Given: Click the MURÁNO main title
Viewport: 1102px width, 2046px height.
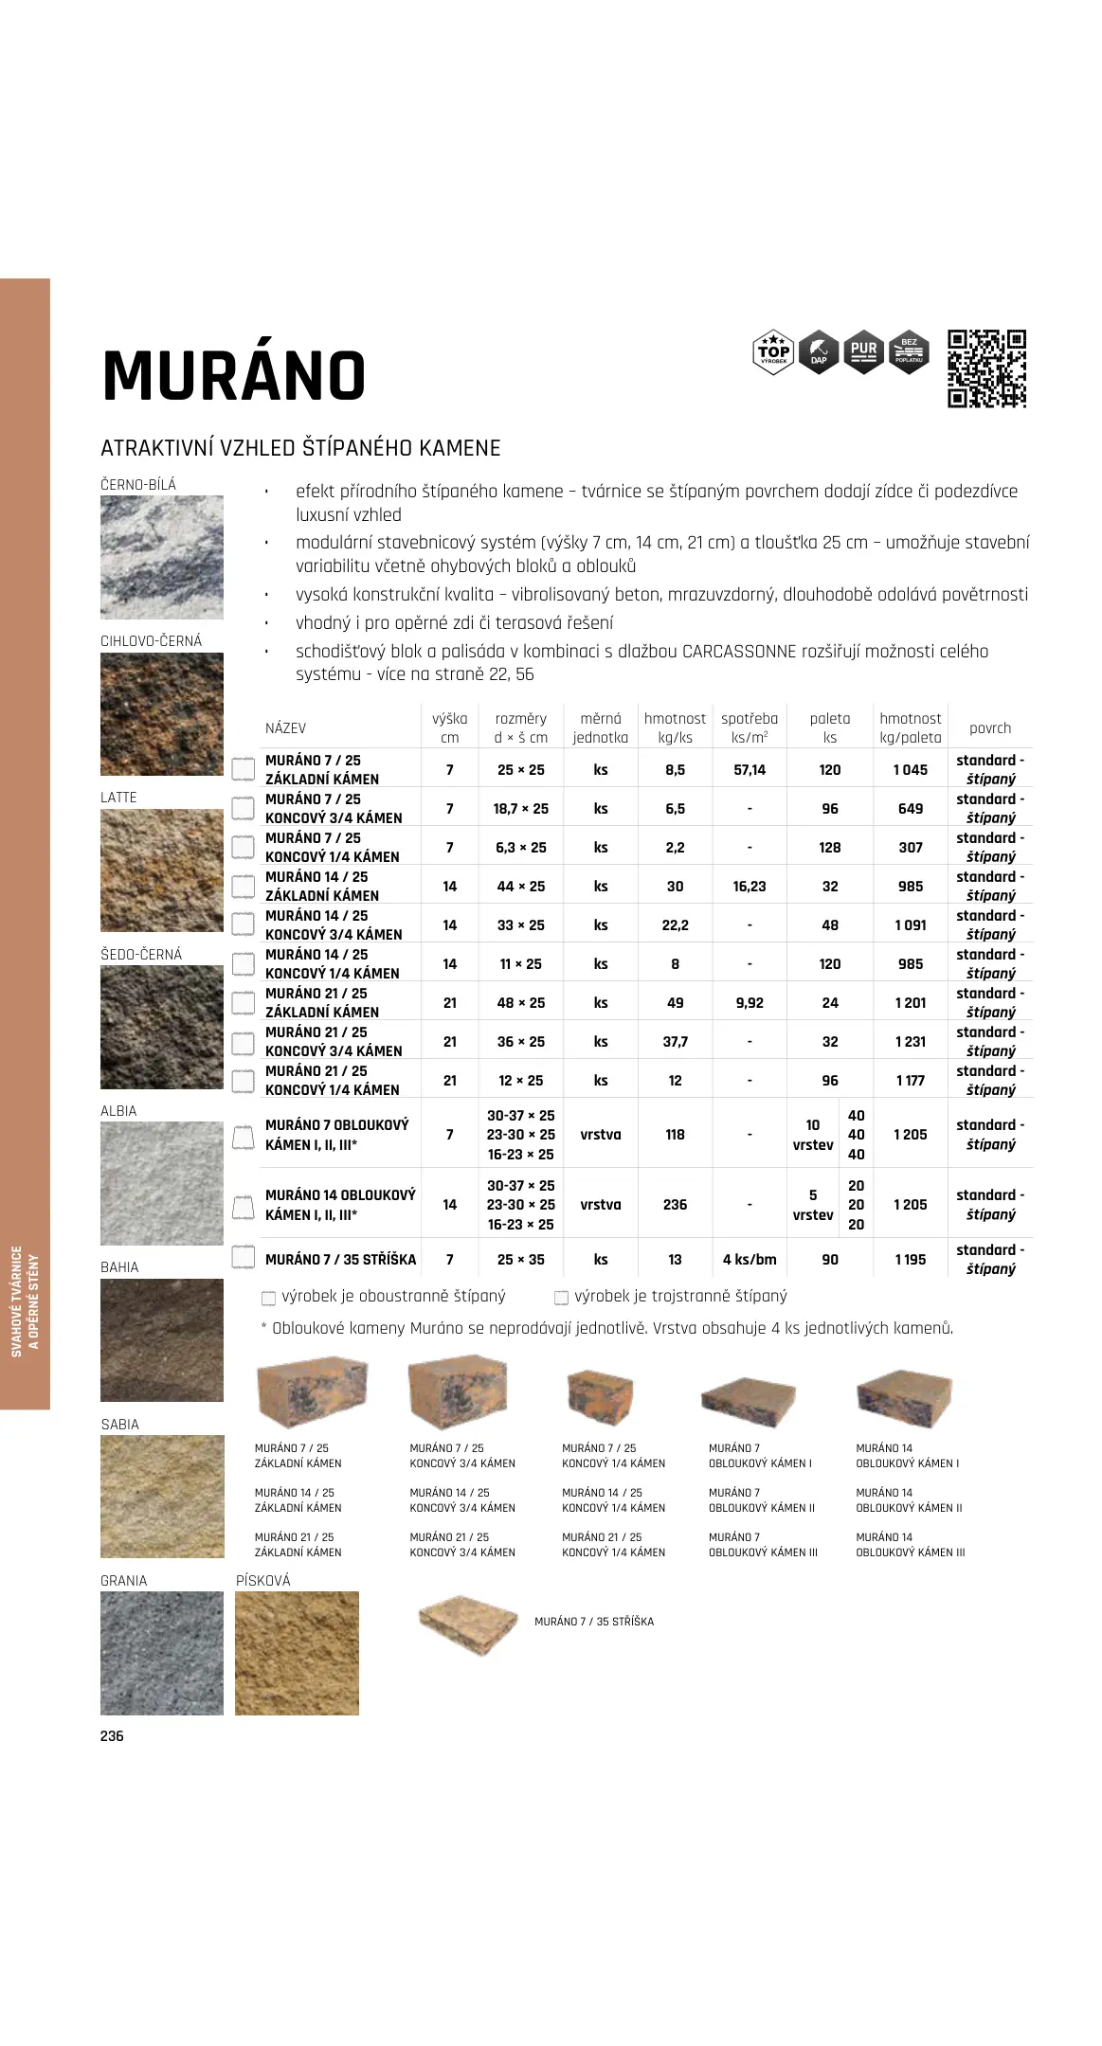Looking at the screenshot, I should (233, 376).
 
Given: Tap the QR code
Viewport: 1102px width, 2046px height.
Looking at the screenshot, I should (986, 368).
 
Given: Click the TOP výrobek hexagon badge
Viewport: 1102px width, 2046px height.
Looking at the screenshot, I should (773, 352).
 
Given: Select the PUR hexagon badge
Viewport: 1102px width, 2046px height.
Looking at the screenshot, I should (863, 352).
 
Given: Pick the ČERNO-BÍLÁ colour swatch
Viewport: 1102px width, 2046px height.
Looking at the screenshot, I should (162, 557).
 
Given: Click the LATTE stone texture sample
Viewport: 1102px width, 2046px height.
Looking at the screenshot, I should (162, 870).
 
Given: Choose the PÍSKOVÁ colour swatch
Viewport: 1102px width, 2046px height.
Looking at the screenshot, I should (297, 1653).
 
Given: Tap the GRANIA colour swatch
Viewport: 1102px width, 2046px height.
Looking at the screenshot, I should (162, 1653).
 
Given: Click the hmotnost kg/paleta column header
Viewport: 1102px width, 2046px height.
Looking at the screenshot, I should (910, 727).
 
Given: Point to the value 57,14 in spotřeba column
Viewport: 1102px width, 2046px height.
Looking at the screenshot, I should (749, 770).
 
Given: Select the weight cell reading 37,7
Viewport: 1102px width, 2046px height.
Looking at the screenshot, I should (675, 1042).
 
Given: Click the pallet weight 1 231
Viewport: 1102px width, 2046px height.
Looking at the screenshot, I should (910, 1042).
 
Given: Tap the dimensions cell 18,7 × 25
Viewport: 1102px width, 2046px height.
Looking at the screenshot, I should (520, 809).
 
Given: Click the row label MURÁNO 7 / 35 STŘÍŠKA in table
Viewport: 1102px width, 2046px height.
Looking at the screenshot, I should (340, 1260).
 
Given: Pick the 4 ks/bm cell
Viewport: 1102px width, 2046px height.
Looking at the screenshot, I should (749, 1260).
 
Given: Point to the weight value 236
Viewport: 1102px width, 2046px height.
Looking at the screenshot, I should (675, 1205).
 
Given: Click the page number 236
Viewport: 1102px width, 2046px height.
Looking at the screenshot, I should (112, 1736).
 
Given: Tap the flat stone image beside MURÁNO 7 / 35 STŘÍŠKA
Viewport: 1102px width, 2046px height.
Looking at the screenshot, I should (469, 1624).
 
